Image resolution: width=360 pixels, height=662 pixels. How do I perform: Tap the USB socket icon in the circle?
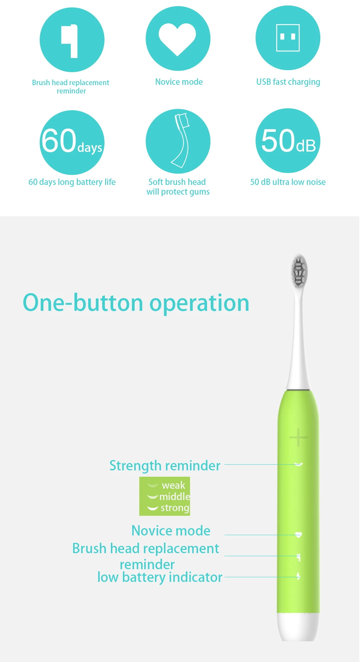tap(288, 38)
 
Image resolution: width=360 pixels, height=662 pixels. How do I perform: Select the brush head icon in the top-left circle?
tap(70, 41)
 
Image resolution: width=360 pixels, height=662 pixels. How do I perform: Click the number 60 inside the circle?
tap(59, 141)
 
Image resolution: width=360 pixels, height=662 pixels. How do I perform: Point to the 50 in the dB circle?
tap(278, 141)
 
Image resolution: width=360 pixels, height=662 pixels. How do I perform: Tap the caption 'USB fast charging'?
tap(288, 82)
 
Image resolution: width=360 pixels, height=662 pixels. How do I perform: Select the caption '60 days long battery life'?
tap(72, 182)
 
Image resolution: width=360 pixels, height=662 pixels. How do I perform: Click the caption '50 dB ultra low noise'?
tap(288, 182)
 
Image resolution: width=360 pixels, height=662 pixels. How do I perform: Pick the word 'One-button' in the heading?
tap(83, 303)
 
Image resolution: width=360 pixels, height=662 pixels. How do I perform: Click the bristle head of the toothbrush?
tap(299, 271)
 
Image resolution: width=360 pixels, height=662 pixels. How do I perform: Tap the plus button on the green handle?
tap(298, 437)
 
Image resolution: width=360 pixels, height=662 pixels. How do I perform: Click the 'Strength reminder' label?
tap(165, 465)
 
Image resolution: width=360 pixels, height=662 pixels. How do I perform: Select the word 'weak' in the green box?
tap(173, 485)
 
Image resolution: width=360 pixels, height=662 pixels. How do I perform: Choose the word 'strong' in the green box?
tap(175, 508)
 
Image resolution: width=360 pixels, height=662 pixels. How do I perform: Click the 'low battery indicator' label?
tap(160, 577)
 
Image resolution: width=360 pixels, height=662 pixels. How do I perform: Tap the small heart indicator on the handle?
tap(299, 535)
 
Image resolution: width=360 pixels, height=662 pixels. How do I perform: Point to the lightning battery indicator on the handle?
tap(299, 576)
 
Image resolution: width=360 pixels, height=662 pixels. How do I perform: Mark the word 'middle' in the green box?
tap(175, 496)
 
